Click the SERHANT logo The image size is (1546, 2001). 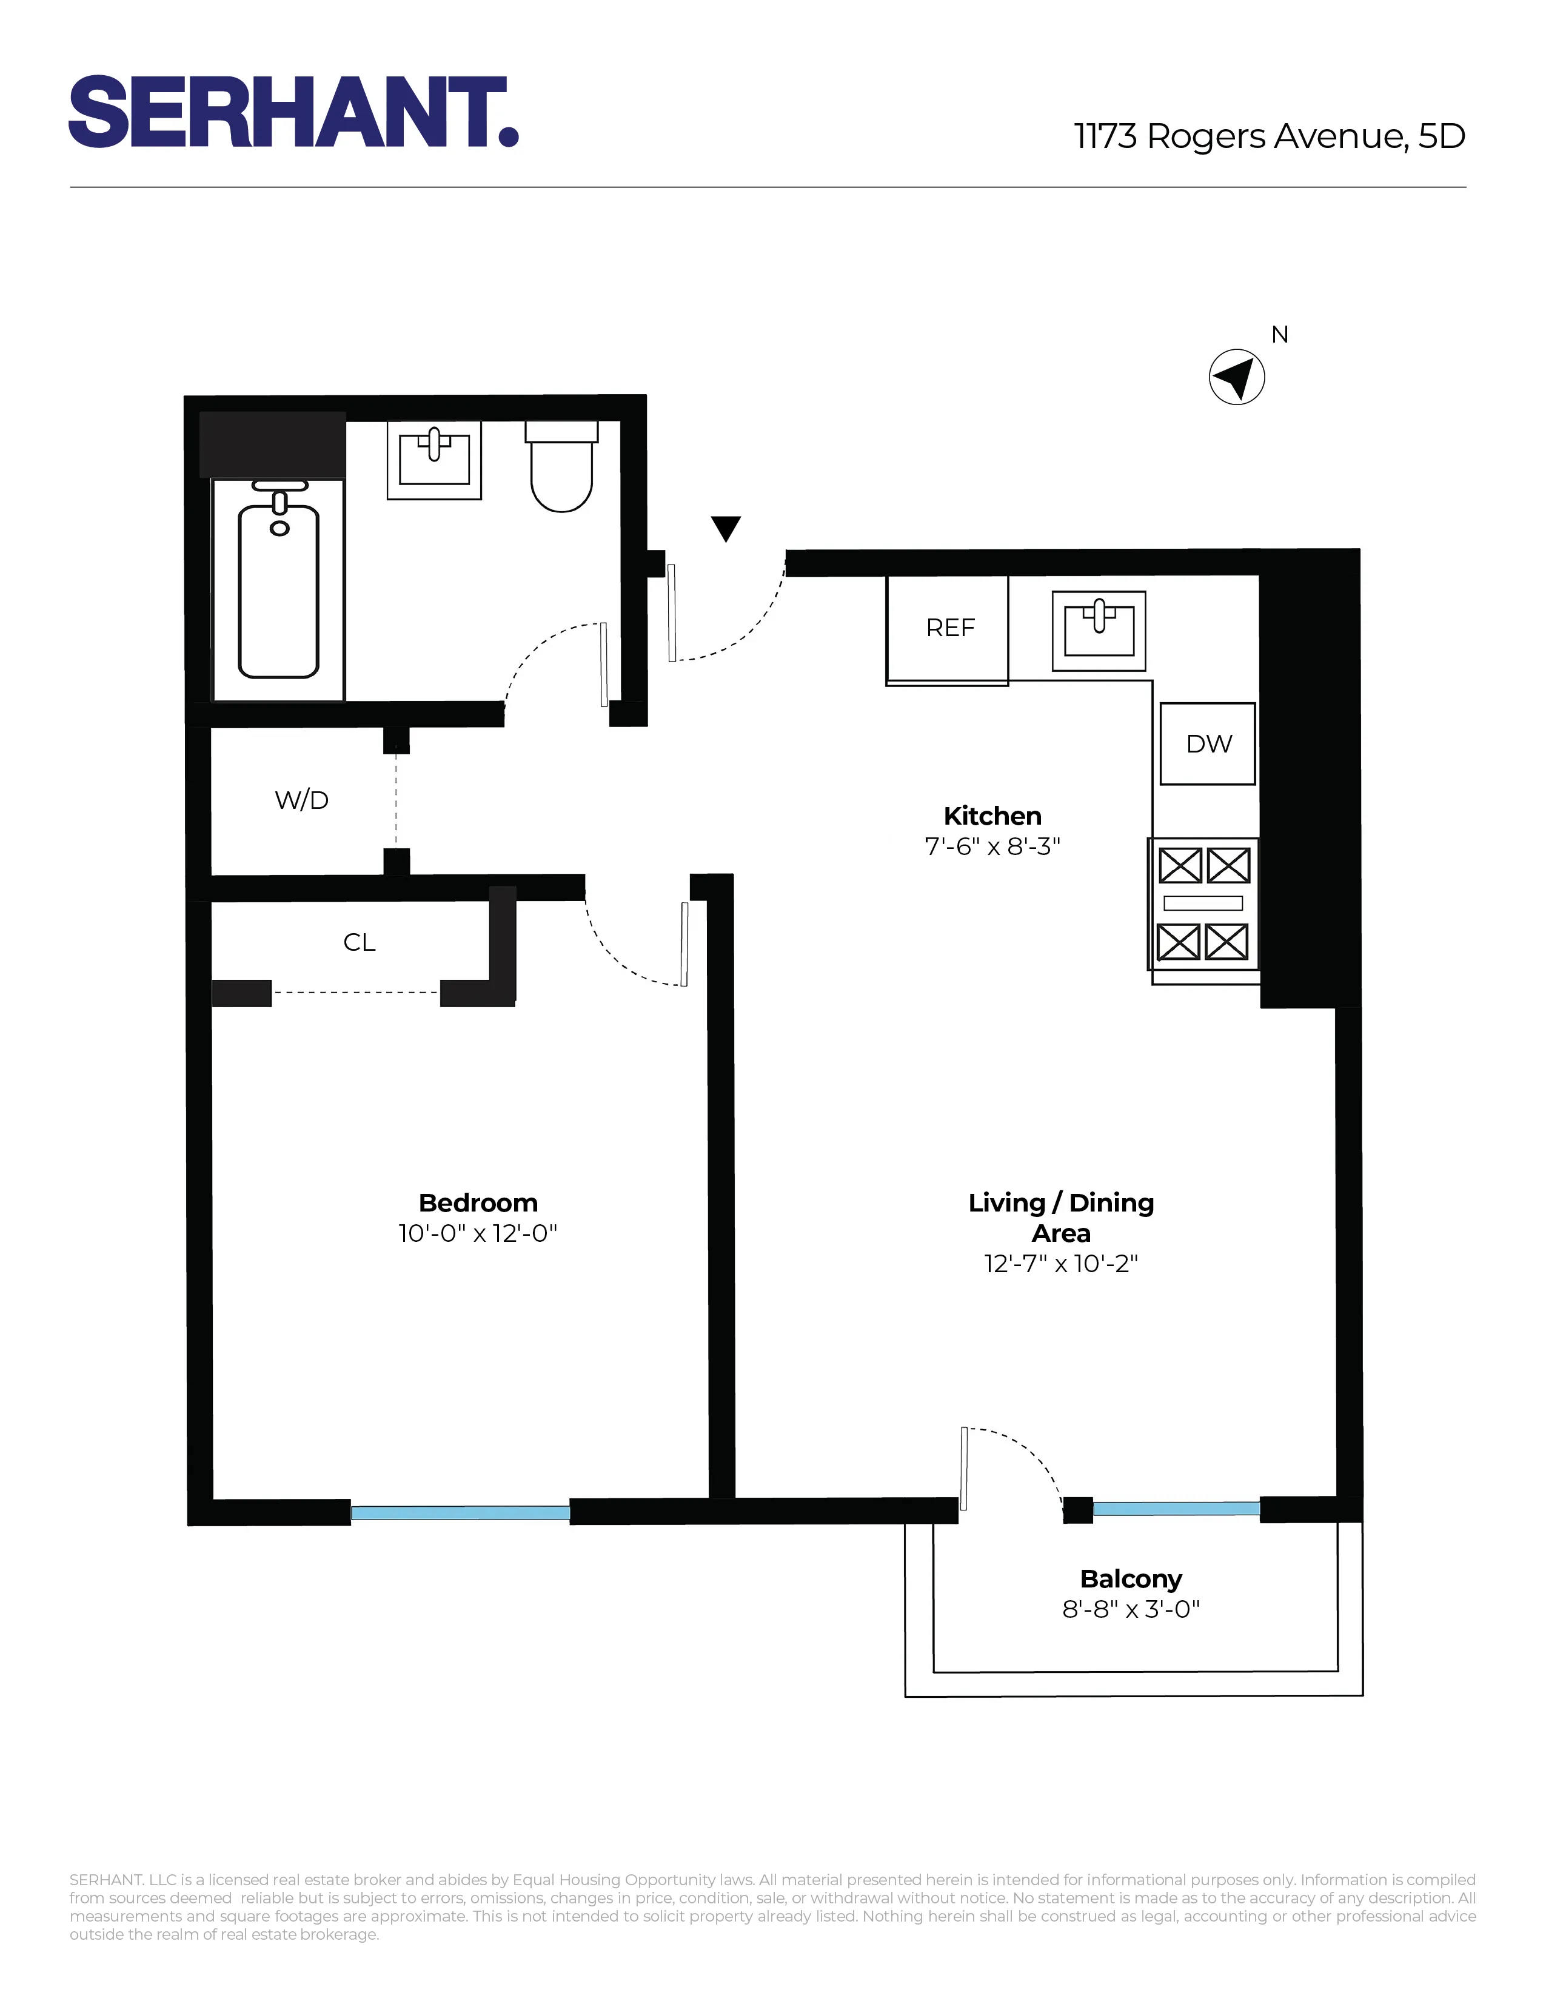pyautogui.click(x=293, y=112)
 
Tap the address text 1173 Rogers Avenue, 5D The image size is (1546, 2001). pyautogui.click(x=1270, y=136)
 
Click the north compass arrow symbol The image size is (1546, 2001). pyautogui.click(x=1236, y=377)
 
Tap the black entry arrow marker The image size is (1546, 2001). pyautogui.click(x=725, y=528)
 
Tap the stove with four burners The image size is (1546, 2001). pyautogui.click(x=1203, y=904)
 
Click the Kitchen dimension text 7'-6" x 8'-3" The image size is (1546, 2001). pyautogui.click(x=992, y=846)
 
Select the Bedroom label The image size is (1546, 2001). pyautogui.click(x=477, y=1203)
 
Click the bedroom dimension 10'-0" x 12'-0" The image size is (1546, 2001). pyautogui.click(x=477, y=1233)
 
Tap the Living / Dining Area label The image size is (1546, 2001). pyautogui.click(x=1060, y=1217)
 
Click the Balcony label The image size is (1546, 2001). pyautogui.click(x=1130, y=1578)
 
